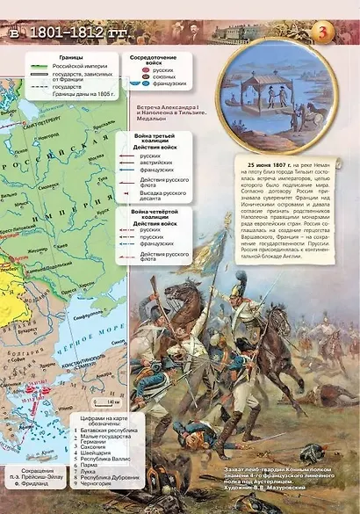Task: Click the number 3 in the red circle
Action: pyautogui.click(x=320, y=33)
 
